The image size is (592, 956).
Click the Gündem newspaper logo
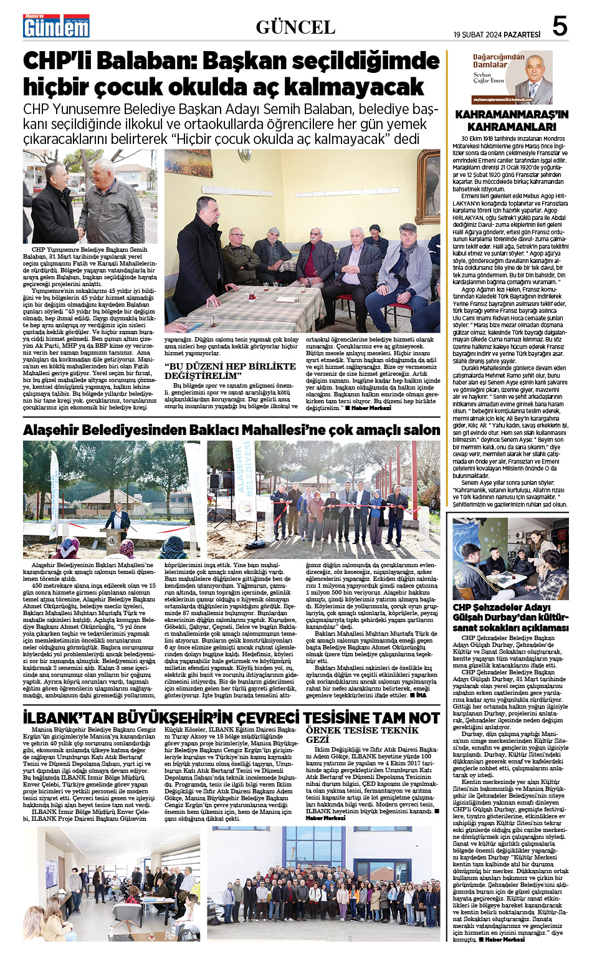56,25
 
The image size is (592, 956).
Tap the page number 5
560,26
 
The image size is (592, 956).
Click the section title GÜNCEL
295,27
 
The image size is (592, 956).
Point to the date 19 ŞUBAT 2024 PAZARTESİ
497,34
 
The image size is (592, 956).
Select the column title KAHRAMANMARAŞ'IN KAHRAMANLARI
512,120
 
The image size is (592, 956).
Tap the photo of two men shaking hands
90,196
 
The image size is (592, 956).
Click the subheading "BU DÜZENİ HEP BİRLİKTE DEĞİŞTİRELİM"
230,370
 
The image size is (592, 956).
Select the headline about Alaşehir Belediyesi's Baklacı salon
231,430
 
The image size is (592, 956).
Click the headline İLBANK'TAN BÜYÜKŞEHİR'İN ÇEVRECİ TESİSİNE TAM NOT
231,718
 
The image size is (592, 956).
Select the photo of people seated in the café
510,558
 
